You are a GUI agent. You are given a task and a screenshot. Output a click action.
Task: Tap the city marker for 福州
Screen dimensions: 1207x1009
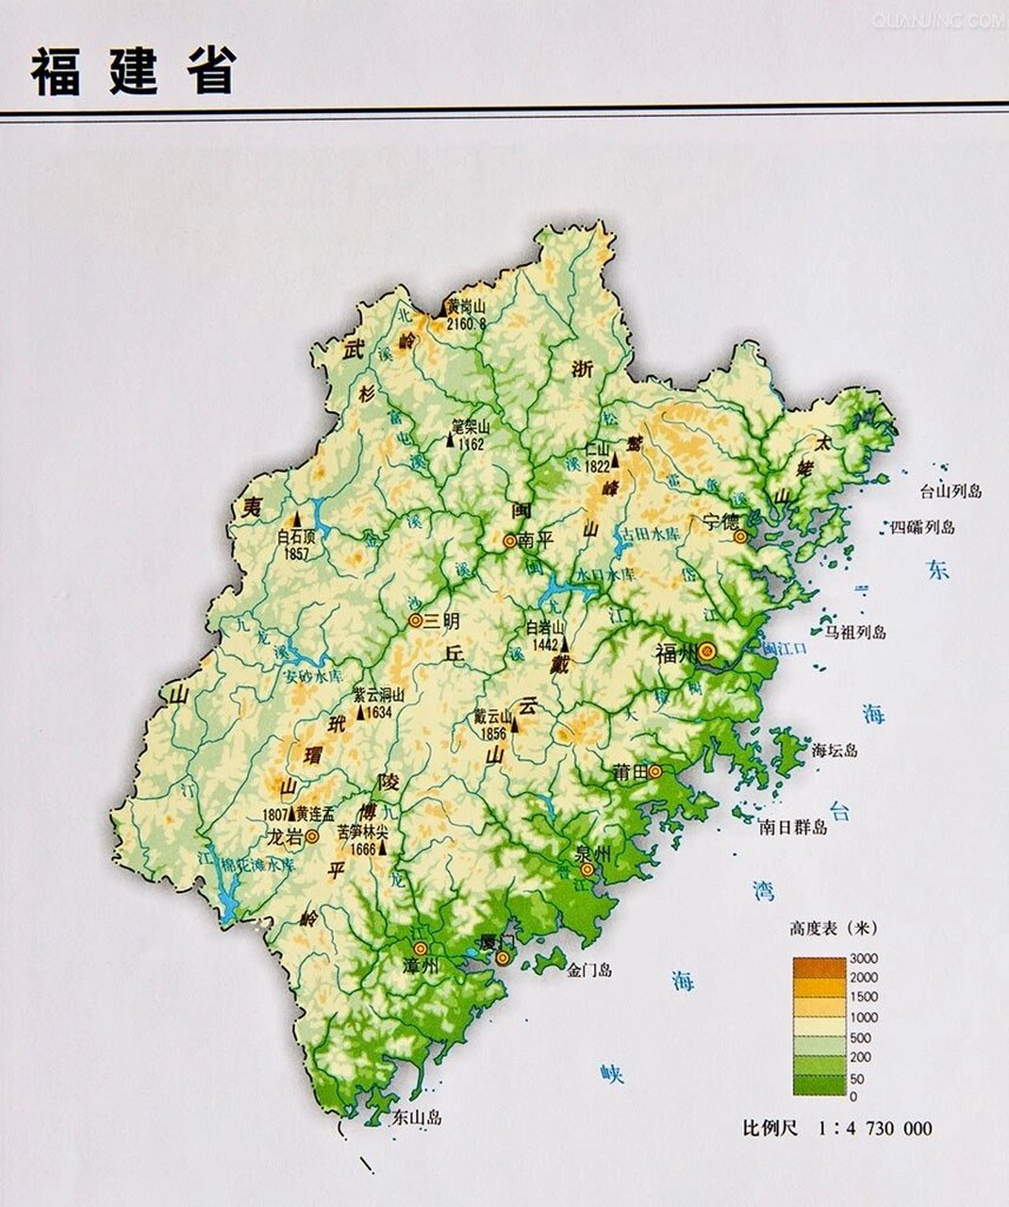tap(706, 651)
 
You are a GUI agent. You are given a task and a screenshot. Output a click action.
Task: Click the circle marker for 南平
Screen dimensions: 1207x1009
tap(509, 541)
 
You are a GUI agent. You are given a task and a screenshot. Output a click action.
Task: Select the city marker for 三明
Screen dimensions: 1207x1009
tap(414, 620)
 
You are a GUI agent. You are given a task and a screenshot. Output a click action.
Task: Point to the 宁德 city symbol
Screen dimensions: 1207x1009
tap(740, 536)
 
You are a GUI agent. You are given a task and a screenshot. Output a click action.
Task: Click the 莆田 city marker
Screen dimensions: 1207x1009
tap(654, 770)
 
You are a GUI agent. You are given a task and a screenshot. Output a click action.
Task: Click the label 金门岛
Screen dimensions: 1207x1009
tap(591, 969)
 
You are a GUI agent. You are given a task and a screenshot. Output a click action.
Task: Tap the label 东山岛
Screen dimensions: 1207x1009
tap(416, 1118)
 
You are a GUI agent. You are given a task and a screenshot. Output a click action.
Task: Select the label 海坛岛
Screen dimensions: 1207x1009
tap(835, 751)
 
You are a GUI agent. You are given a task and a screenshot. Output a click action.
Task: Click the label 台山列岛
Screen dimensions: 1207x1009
tap(951, 491)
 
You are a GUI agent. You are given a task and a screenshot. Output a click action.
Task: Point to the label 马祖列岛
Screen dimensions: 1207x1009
tap(855, 632)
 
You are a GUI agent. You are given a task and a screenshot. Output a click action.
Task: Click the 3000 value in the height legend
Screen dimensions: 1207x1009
tap(863, 958)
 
